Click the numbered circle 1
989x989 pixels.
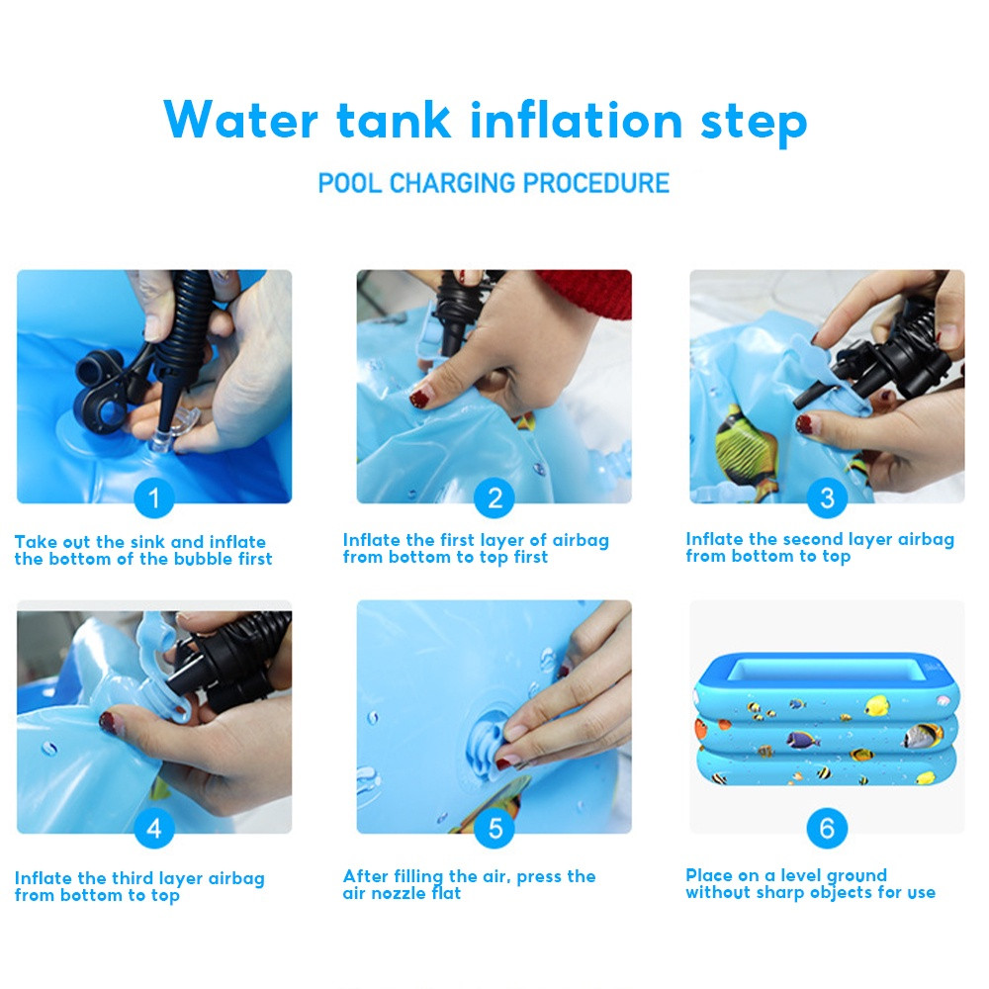point(154,498)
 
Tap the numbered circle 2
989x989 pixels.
point(494,498)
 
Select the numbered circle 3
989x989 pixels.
point(827,498)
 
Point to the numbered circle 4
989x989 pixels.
point(154,829)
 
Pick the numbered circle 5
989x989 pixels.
point(494,829)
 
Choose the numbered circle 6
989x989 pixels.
point(827,829)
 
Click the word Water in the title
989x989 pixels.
point(241,120)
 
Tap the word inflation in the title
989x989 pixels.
point(577,120)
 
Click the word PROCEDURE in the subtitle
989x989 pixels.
point(596,183)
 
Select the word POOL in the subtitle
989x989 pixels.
point(350,183)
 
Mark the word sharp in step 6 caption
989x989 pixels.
point(780,892)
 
